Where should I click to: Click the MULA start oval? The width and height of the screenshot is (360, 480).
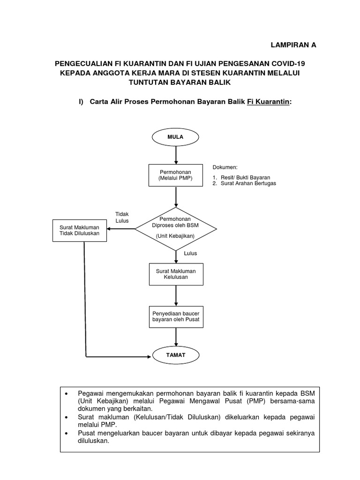point(176,137)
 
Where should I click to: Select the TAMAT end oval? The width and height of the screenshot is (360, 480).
point(176,355)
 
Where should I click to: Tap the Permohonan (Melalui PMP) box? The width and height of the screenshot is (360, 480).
point(176,175)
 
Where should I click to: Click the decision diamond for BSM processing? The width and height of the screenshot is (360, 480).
point(176,229)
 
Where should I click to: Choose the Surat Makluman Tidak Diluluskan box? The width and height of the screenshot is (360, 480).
point(80,230)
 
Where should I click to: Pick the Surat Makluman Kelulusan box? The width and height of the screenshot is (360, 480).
point(176,274)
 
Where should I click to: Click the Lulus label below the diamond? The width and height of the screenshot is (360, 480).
point(190,254)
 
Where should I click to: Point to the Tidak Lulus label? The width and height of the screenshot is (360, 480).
point(122,217)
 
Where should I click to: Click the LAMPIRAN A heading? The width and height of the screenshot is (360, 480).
point(294,45)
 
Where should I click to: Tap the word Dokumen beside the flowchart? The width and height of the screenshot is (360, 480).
point(225,167)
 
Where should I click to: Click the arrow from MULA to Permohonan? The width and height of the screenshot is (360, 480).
point(176,155)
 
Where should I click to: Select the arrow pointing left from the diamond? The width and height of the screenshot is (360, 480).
point(121,229)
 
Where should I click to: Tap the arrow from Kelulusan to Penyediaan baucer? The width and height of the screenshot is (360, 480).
point(176,295)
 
